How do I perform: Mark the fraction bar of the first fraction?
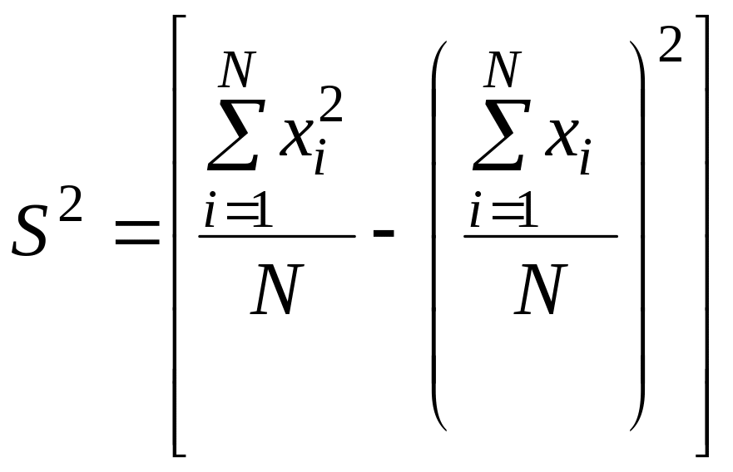pyautogui.click(x=276, y=236)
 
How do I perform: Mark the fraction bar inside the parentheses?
pyautogui.click(x=541, y=236)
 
